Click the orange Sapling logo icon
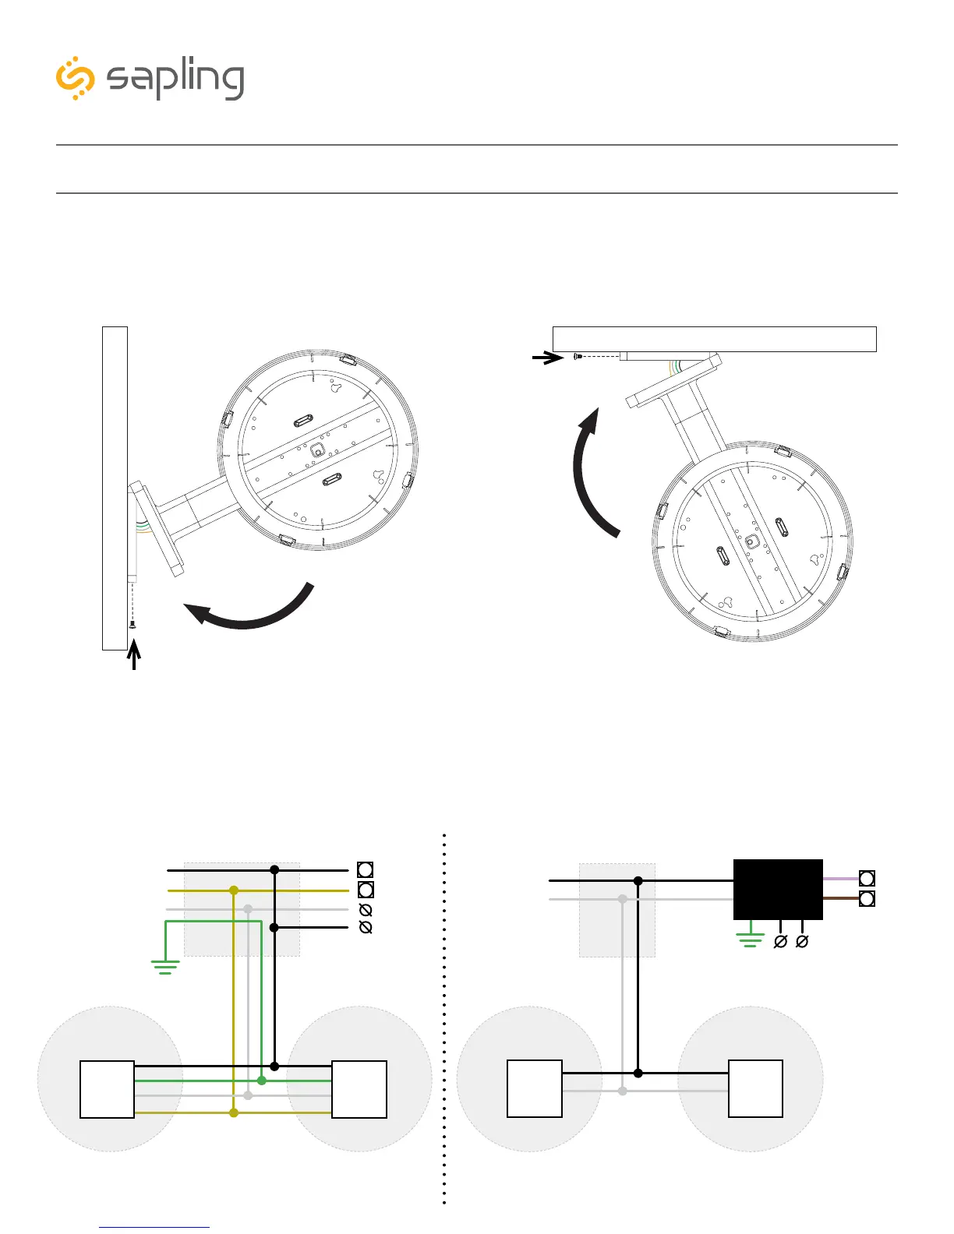[x=76, y=78]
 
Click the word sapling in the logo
[x=176, y=79]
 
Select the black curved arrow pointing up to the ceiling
[x=588, y=475]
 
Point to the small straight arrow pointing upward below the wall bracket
[x=135, y=654]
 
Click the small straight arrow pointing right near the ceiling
[x=548, y=358]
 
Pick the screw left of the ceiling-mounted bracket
[x=578, y=356]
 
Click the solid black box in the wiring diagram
[x=778, y=890]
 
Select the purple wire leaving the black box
[x=840, y=879]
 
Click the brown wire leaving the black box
[x=840, y=898]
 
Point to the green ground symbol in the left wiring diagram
[x=165, y=968]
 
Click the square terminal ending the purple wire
[x=867, y=879]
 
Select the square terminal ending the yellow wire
[x=365, y=890]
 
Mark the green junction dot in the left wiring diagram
[x=262, y=1081]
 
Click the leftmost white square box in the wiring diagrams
[x=108, y=1089]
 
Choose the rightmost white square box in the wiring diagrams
[x=755, y=1088]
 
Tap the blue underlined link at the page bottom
[x=154, y=1227]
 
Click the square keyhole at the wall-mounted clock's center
[x=317, y=450]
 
